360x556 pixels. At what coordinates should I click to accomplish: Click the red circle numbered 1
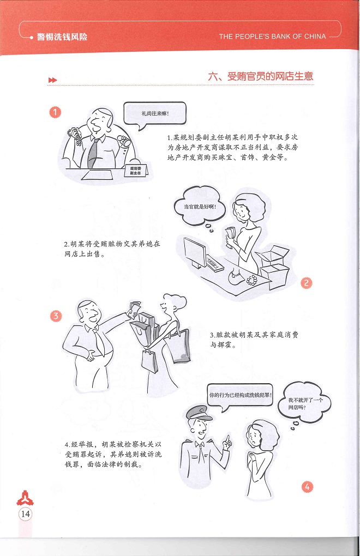pyautogui.click(x=55, y=112)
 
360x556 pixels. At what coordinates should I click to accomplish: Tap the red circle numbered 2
pyautogui.click(x=307, y=283)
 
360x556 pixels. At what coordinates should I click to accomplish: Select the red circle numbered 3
pyautogui.click(x=56, y=316)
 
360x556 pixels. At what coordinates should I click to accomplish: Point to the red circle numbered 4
pyautogui.click(x=307, y=486)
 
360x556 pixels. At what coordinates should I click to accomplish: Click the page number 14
pyautogui.click(x=26, y=514)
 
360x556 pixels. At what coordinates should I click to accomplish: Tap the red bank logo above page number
pyautogui.click(x=25, y=498)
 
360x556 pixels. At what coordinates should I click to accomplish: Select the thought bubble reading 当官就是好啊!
pyautogui.click(x=200, y=207)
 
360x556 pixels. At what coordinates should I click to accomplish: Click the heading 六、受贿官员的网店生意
pyautogui.click(x=261, y=76)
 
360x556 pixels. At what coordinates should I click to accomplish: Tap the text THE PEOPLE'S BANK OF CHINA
pyautogui.click(x=272, y=36)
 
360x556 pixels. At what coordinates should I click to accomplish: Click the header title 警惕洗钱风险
pyautogui.click(x=62, y=37)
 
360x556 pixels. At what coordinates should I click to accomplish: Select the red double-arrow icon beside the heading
pyautogui.click(x=52, y=80)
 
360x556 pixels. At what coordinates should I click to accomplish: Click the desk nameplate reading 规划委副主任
pyautogui.click(x=136, y=171)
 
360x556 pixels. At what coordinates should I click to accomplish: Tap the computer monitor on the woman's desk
pyautogui.click(x=195, y=252)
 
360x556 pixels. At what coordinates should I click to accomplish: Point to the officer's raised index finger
pyautogui.click(x=227, y=438)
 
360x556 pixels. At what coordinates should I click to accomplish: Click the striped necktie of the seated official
pyautogui.click(x=93, y=153)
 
